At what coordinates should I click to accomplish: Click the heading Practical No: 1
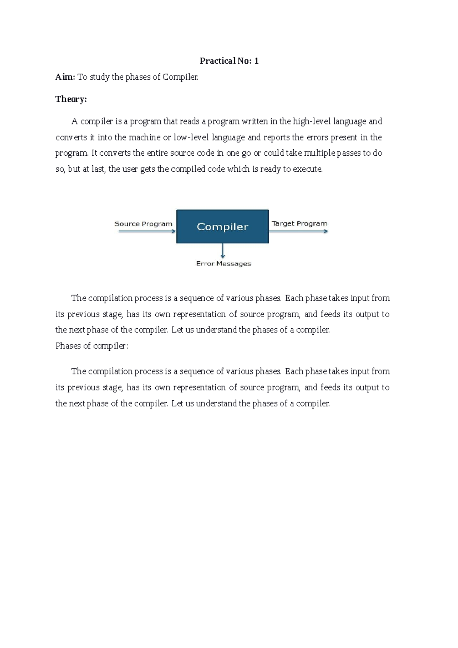point(229,61)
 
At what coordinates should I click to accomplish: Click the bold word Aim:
point(65,77)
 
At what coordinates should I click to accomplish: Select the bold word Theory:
point(71,99)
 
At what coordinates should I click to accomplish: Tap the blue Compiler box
point(223,226)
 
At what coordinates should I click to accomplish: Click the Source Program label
point(144,224)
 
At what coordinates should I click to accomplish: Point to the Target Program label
point(299,224)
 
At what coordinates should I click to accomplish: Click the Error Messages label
point(224,264)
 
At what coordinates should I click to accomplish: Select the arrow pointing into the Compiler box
point(147,231)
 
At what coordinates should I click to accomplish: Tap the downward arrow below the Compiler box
point(223,251)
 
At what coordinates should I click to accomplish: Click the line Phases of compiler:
point(92,346)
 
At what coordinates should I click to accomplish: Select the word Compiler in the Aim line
point(180,77)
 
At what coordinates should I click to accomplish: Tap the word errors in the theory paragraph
point(317,137)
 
